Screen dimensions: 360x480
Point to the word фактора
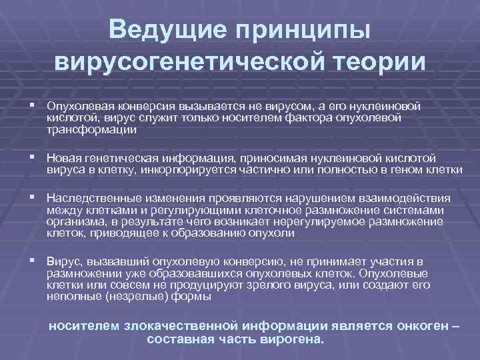[x=309, y=118]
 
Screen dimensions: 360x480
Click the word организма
[x=75, y=223]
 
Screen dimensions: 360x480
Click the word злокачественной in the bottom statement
[x=183, y=327]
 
